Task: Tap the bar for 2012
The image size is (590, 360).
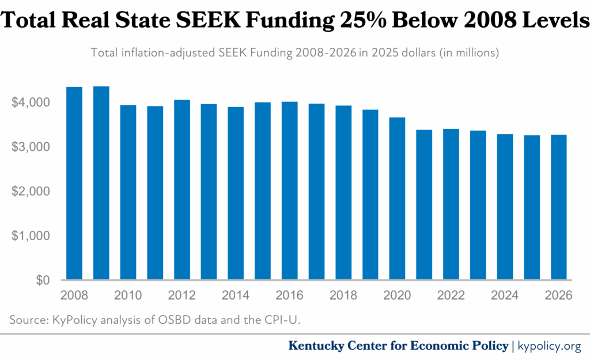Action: (182, 190)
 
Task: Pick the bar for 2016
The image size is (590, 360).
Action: (290, 191)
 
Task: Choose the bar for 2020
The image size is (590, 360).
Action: (398, 199)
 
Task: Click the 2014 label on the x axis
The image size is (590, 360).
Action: (236, 295)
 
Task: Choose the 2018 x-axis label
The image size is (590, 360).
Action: (343, 295)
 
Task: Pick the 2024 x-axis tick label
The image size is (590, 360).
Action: (505, 295)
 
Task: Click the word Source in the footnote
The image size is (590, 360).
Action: (26, 319)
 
